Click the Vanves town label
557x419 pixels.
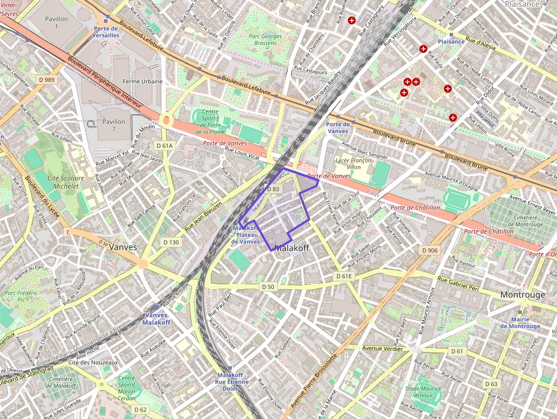(123, 247)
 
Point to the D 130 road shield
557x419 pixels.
(171, 242)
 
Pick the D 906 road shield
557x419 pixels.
(430, 251)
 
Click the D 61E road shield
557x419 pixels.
(344, 276)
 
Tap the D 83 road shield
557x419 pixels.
(273, 189)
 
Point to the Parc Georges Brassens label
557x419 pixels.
(265, 40)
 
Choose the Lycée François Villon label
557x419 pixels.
(354, 164)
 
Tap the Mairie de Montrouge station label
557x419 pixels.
(520, 322)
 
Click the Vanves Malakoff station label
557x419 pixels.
(156, 319)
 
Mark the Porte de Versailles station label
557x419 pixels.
(106, 31)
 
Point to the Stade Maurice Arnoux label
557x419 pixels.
(423, 392)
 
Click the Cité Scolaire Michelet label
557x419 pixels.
(66, 182)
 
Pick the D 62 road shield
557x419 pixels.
(140, 409)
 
